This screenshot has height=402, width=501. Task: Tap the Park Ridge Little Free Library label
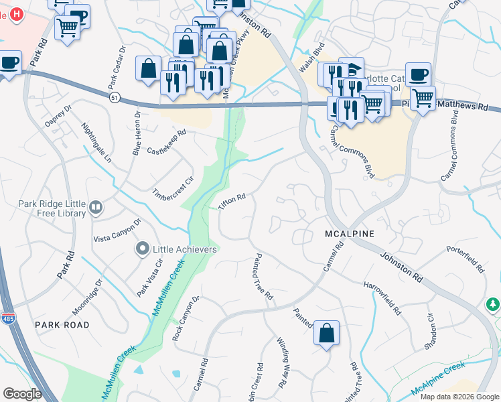(x=52, y=208)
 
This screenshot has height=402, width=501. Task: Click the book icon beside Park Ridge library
(x=96, y=208)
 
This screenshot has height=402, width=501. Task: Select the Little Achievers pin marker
(x=141, y=249)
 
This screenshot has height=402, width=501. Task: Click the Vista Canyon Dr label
(x=117, y=230)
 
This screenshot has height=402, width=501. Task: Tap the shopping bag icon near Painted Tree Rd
(x=326, y=333)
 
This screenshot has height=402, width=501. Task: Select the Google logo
(x=22, y=394)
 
